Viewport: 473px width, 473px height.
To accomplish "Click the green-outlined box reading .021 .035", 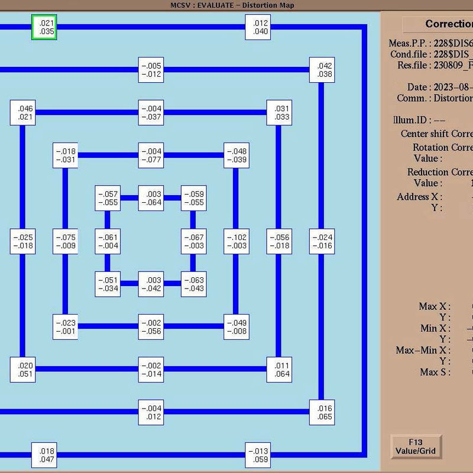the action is click(44, 27).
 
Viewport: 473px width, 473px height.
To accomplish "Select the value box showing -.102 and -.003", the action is click(237, 241).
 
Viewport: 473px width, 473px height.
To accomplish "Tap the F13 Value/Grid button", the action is click(416, 447).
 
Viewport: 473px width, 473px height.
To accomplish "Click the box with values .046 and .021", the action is click(22, 112).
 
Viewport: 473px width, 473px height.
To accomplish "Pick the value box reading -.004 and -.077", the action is click(151, 155).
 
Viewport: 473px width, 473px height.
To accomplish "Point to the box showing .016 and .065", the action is click(322, 412).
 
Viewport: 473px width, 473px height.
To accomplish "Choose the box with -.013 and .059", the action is click(258, 455).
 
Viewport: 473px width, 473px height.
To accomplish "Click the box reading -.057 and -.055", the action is click(108, 198).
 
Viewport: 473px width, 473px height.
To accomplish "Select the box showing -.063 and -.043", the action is click(194, 284).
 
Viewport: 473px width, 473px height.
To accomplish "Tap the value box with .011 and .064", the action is click(279, 370).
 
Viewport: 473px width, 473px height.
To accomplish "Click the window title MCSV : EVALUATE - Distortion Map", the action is click(232, 5).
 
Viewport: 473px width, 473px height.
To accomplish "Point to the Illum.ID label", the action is click(410, 120).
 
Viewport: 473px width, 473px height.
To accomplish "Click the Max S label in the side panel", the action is click(435, 372).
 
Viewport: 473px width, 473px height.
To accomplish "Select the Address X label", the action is click(420, 197).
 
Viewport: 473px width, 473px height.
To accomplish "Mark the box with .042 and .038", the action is click(322, 70).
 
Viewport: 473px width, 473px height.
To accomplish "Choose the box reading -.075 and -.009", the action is click(65, 241).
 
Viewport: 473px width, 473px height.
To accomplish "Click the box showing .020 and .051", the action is click(22, 370).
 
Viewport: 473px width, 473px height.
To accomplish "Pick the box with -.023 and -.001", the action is click(65, 327).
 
